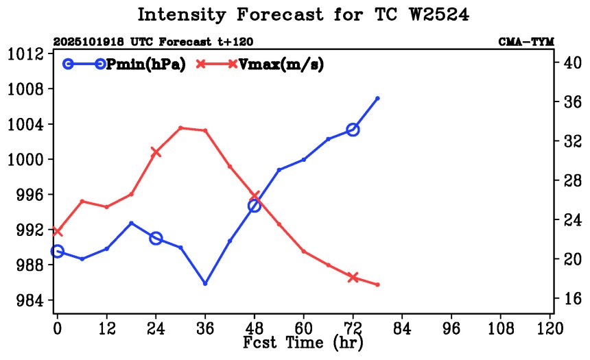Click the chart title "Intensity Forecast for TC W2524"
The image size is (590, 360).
click(303, 15)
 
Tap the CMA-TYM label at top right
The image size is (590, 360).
click(526, 42)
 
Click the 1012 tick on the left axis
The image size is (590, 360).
click(27, 53)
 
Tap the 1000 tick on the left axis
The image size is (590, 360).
click(27, 159)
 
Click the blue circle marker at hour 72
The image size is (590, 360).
click(353, 130)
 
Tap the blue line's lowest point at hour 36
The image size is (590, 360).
click(205, 283)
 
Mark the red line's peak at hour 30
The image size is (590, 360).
click(180, 128)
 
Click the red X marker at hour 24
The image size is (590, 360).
click(156, 152)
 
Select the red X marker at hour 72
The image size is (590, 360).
click(353, 277)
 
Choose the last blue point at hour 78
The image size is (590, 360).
click(378, 98)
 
